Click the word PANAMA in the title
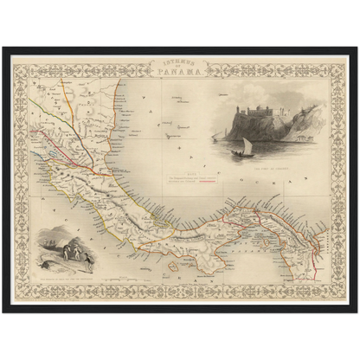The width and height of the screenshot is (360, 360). point(179,72)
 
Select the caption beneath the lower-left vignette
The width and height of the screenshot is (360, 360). point(65,277)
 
